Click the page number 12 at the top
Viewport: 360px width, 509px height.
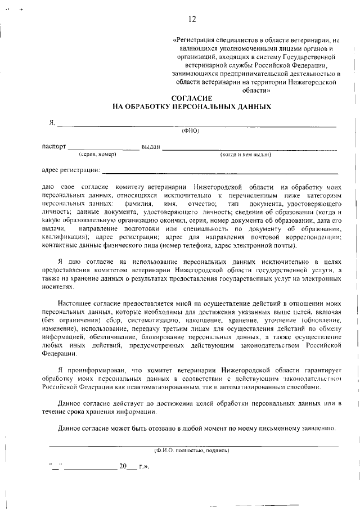pos(192,19)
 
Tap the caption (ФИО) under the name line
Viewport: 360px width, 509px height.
pos(191,132)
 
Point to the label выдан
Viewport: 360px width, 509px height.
pos(151,147)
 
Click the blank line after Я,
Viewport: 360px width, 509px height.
pos(197,125)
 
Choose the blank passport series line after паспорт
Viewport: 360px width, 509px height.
pos(103,149)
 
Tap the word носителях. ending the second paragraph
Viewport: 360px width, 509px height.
pos(58,286)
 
